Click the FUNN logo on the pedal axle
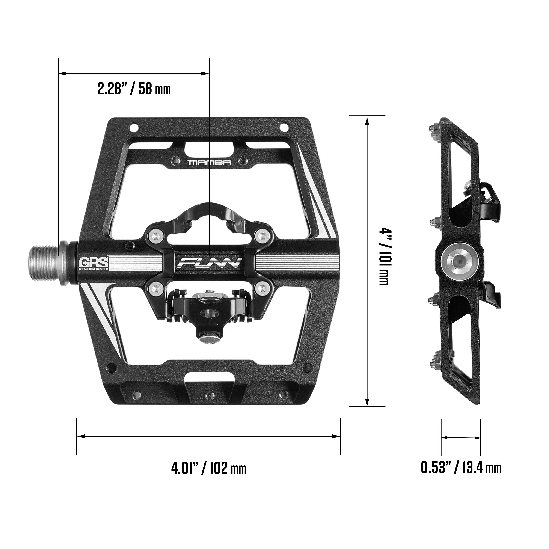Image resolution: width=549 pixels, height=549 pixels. tap(209, 263)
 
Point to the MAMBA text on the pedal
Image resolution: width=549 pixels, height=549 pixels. tap(210, 163)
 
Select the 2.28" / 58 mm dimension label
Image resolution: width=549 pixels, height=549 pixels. tap(134, 89)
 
